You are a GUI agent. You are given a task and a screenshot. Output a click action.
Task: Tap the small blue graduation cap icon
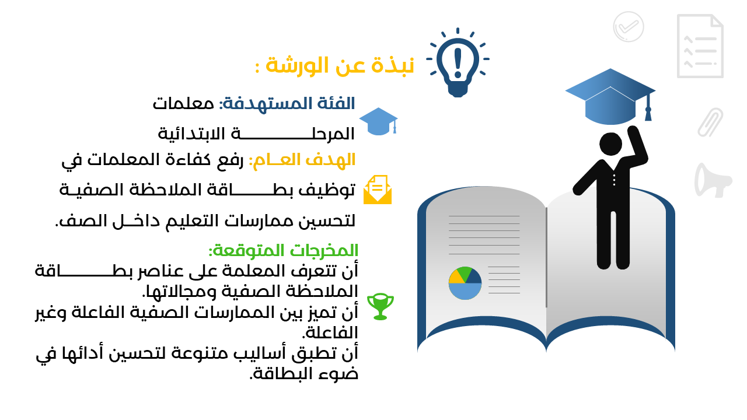(378, 121)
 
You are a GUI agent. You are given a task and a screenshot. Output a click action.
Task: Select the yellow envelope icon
(378, 190)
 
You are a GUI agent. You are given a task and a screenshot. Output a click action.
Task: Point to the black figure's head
(611, 146)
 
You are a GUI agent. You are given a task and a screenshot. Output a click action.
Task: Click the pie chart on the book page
(465, 283)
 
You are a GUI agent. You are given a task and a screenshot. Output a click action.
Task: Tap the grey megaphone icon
(712, 180)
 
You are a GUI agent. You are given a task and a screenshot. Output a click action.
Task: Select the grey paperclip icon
(711, 122)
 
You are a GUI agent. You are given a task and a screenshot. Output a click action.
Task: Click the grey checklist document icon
(700, 47)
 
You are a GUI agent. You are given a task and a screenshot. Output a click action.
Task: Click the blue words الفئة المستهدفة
(287, 104)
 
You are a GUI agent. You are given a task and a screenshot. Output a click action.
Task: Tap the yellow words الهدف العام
(302, 159)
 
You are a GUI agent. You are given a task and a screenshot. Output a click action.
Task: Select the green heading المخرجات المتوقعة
(283, 250)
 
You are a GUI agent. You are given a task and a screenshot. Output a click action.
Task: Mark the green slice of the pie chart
(465, 272)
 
